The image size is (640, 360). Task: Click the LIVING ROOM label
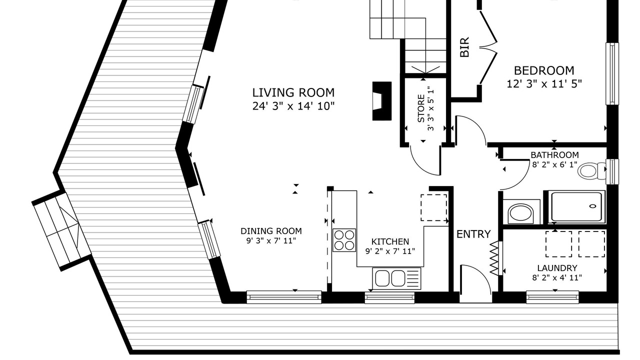[x=293, y=92]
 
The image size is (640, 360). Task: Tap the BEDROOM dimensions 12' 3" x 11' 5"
[x=544, y=84]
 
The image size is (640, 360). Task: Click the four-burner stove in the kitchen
[x=344, y=240]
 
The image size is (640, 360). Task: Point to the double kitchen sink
[x=396, y=278]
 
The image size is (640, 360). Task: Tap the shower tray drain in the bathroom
[x=593, y=206]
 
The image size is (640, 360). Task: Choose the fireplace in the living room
[x=381, y=101]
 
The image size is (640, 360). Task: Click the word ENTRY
[x=473, y=234]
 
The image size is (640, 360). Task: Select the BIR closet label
[x=465, y=47]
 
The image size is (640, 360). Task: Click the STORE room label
[x=421, y=108]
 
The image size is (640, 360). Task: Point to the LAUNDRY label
[x=557, y=268]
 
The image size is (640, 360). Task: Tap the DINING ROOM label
[x=271, y=231]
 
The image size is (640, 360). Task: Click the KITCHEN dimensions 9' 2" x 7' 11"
[x=390, y=251]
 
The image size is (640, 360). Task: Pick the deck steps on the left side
[x=61, y=231]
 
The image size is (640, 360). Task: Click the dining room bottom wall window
[x=284, y=297]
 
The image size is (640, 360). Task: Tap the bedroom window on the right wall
[x=612, y=73]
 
